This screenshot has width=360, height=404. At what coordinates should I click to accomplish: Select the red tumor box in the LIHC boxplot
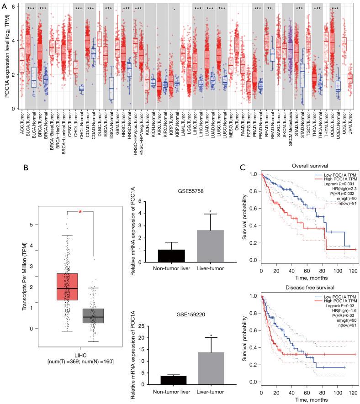[67, 287]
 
